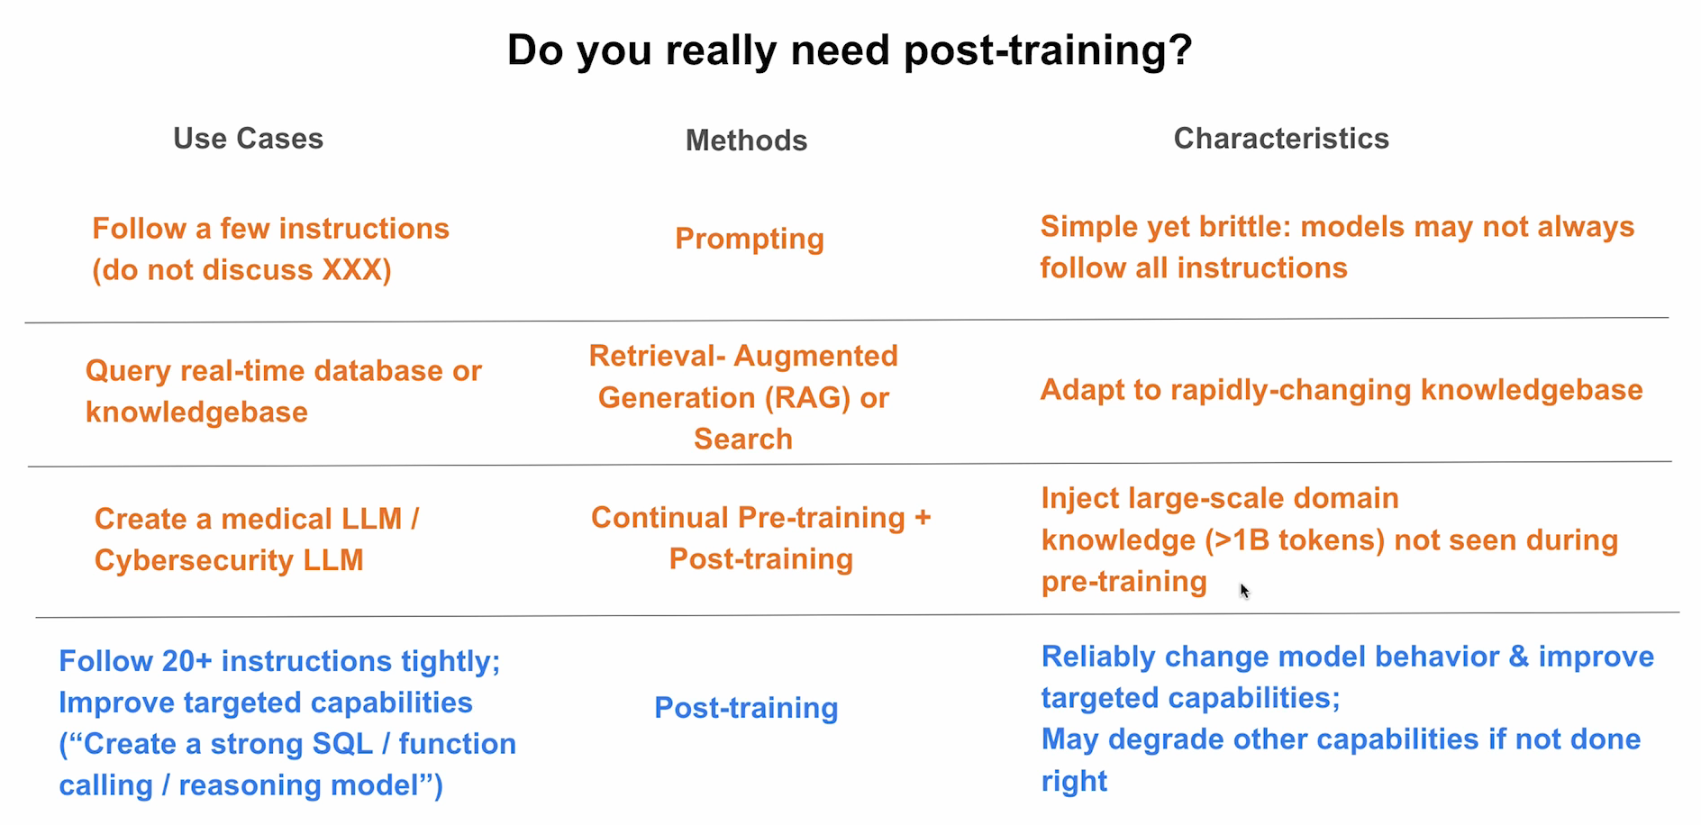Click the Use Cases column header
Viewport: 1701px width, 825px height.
(248, 139)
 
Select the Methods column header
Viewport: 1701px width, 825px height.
(746, 141)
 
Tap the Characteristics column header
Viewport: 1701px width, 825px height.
(1280, 139)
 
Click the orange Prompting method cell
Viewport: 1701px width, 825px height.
(750, 239)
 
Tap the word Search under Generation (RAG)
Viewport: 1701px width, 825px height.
(743, 440)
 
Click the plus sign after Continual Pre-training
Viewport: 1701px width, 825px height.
(923, 518)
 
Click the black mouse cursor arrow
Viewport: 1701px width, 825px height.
(1243, 590)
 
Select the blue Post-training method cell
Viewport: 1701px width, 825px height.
(746, 708)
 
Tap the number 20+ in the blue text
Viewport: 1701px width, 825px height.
(186, 661)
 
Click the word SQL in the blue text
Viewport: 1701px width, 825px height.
(341, 744)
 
